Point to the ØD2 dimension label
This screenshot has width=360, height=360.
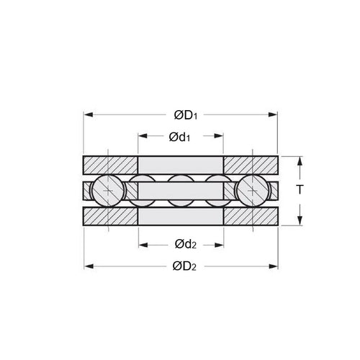click(x=186, y=266)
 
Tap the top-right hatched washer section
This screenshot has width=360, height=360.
click(x=250, y=164)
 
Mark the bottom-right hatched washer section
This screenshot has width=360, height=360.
click(x=250, y=216)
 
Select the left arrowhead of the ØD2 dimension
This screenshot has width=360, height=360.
click(x=88, y=266)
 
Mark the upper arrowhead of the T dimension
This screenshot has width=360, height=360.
click(x=299, y=159)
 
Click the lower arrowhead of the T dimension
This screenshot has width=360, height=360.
click(x=299, y=222)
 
